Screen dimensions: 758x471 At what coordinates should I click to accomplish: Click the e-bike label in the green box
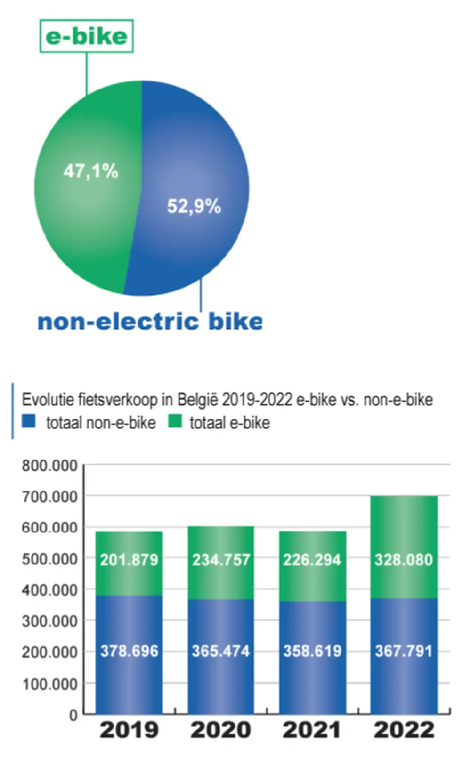pyautogui.click(x=86, y=36)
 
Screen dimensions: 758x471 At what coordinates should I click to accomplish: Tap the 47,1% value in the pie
pyautogui.click(x=90, y=171)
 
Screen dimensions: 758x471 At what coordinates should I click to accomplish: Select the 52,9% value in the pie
pyautogui.click(x=194, y=206)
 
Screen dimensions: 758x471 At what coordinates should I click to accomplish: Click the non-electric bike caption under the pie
pyautogui.click(x=150, y=322)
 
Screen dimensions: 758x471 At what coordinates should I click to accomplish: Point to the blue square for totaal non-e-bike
pyautogui.click(x=29, y=421)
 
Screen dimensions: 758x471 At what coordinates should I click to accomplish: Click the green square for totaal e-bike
pyautogui.click(x=175, y=421)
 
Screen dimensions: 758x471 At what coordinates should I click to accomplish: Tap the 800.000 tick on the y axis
pyautogui.click(x=49, y=466)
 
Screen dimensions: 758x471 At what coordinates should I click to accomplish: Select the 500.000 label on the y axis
pyautogui.click(x=49, y=559)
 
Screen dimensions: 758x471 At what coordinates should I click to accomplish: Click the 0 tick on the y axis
pyautogui.click(x=73, y=715)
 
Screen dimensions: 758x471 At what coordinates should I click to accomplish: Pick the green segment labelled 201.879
pyautogui.click(x=129, y=560)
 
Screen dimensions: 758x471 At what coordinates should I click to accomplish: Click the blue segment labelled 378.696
pyautogui.click(x=129, y=652)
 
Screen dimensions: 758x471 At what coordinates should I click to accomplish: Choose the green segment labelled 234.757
pyautogui.click(x=221, y=560)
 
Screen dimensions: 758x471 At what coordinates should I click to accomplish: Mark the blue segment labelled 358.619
pyautogui.click(x=312, y=652)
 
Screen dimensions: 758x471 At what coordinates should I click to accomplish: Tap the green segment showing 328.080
pyautogui.click(x=404, y=560)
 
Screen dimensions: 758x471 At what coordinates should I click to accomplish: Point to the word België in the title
pyautogui.click(x=197, y=400)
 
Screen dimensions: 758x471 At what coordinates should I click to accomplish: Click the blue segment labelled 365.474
pyautogui.click(x=221, y=652)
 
